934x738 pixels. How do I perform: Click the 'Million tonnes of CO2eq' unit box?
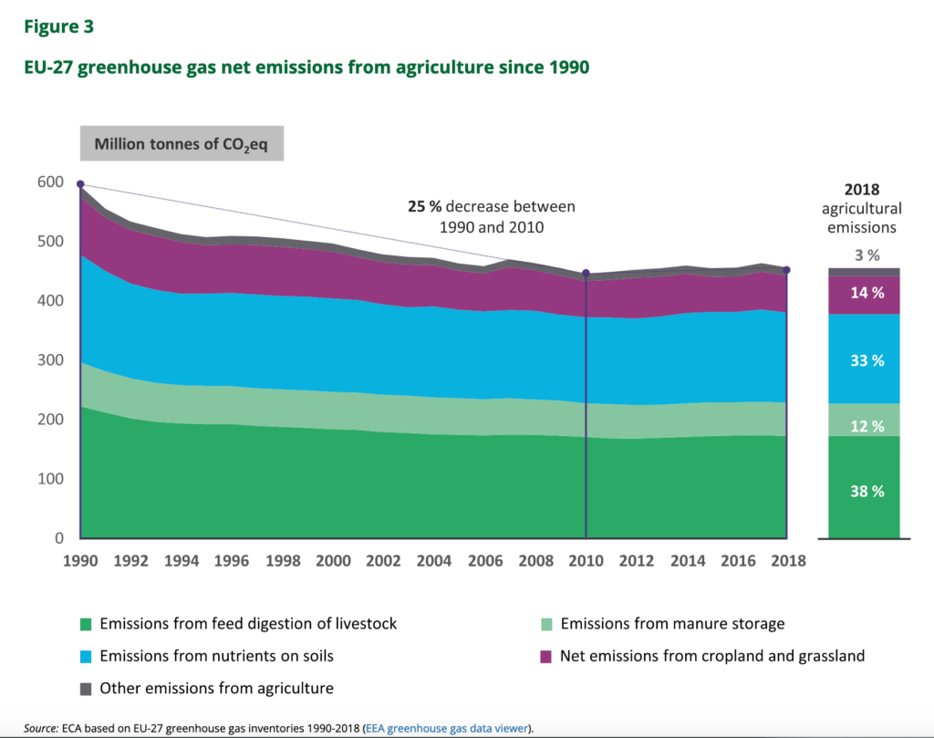coord(182,144)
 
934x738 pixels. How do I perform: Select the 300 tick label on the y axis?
coord(50,360)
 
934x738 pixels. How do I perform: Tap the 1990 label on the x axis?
coord(82,560)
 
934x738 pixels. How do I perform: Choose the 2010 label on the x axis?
coord(586,560)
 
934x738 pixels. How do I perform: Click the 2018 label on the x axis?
coord(787,560)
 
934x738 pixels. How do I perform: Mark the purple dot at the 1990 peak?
coord(81,184)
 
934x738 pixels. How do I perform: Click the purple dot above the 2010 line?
coord(586,274)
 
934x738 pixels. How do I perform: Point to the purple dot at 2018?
coord(787,270)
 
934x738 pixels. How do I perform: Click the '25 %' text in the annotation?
coord(426,207)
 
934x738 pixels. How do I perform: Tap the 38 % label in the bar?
coord(866,491)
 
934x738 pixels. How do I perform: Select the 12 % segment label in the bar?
coord(866,426)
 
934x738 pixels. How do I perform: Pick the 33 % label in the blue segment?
coord(866,360)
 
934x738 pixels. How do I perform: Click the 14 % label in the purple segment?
coord(866,293)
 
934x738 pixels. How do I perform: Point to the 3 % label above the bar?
coord(866,255)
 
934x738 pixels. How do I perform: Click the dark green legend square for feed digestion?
coord(86,625)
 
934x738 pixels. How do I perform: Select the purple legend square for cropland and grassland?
coord(546,656)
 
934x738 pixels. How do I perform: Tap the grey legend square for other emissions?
coord(86,689)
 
